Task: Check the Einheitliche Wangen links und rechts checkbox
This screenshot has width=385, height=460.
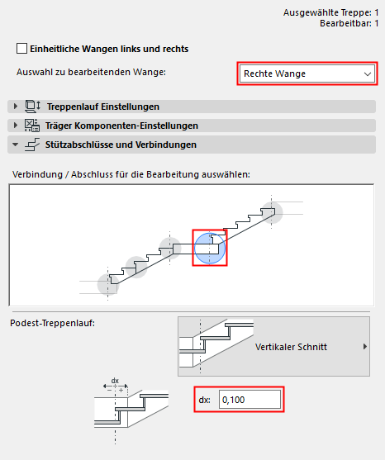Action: click(21, 49)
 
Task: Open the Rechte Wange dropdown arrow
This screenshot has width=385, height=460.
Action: click(368, 74)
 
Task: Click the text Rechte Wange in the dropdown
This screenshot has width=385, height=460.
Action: click(274, 74)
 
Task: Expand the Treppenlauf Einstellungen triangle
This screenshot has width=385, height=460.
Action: click(15, 107)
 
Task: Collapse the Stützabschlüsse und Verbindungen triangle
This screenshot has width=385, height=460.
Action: click(15, 145)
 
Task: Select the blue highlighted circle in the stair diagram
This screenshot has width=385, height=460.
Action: click(209, 248)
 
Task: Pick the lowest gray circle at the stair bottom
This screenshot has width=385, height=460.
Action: click(108, 284)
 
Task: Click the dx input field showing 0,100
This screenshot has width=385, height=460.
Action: click(250, 400)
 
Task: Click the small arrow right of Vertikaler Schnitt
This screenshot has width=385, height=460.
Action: click(365, 347)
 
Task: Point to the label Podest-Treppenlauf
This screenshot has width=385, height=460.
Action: click(51, 321)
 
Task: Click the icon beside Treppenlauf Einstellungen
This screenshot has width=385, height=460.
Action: click(31, 107)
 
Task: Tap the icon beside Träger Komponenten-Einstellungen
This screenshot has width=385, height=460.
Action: click(31, 126)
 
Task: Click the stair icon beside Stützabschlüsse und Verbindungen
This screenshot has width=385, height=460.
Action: click(31, 145)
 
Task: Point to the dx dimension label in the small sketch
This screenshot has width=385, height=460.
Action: click(115, 381)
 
